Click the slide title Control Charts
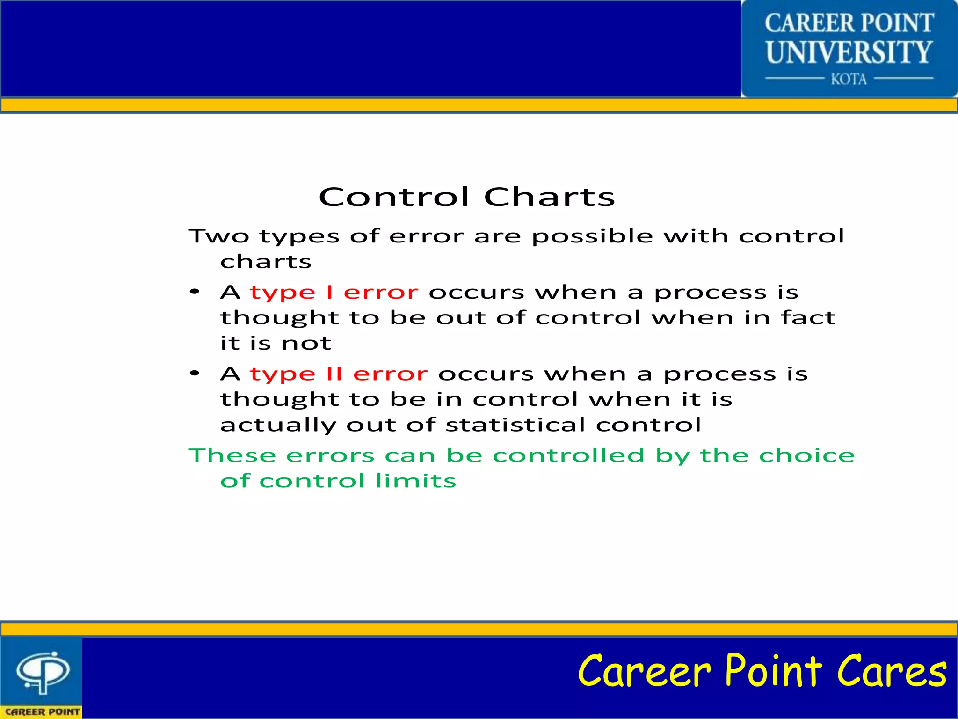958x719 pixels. [x=467, y=197]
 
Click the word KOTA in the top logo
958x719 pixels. [x=849, y=79]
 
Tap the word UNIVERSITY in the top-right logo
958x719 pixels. [x=849, y=52]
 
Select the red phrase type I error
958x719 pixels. [x=334, y=293]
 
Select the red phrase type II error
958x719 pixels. [x=339, y=374]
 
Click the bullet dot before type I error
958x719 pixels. [x=195, y=292]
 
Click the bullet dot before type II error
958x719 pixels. [x=195, y=374]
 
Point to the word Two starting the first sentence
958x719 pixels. [x=218, y=236]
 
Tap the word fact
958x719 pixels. [x=808, y=317]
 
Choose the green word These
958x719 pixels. [x=232, y=455]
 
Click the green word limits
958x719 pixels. [x=415, y=481]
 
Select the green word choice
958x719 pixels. [x=807, y=455]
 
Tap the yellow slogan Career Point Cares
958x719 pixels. [x=762, y=672]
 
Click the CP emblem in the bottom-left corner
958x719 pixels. [x=43, y=672]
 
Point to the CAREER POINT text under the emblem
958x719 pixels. [x=42, y=712]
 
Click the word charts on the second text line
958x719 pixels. [x=266, y=262]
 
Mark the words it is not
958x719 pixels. [x=276, y=344]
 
